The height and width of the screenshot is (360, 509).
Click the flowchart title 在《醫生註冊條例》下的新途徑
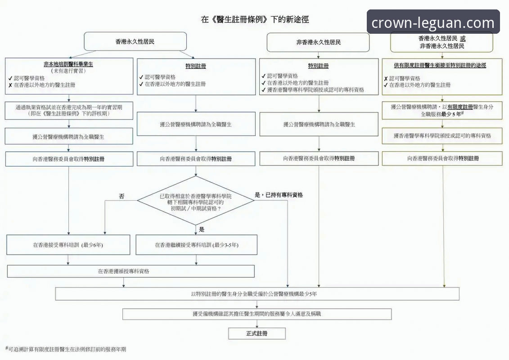255,20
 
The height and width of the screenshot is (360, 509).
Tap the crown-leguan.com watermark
433,22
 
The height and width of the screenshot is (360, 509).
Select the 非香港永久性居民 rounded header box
318,42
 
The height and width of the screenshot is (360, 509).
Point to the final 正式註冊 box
257,333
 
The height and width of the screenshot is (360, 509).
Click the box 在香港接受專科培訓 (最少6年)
68,245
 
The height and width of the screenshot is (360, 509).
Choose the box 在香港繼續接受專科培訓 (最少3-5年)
197,245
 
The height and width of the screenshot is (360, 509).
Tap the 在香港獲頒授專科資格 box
131,271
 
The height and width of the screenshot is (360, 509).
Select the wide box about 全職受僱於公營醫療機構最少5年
257,294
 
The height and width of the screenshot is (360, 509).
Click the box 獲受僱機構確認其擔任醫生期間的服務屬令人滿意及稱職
257,314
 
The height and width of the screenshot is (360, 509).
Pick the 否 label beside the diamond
122,196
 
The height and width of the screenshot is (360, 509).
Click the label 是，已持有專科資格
279,195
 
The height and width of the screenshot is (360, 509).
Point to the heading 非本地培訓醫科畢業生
69,64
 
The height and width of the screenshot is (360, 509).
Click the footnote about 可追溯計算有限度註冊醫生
66,349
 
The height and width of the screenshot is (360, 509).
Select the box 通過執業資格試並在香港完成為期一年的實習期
69,111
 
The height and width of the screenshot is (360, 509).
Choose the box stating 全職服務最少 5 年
442,111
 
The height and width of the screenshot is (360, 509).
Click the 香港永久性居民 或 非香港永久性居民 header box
442,42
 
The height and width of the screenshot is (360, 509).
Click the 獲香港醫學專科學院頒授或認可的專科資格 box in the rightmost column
442,135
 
